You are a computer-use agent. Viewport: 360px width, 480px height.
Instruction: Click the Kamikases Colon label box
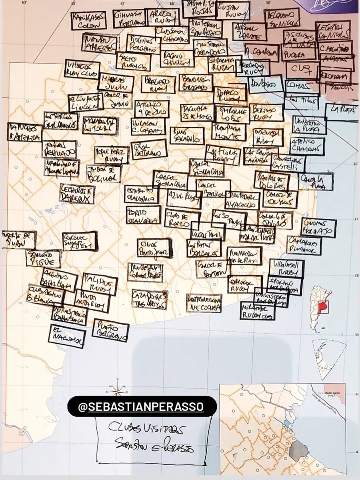(x=89, y=20)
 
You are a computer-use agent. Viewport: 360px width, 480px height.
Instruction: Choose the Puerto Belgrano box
(x=110, y=330)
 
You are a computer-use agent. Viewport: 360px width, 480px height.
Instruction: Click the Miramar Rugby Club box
(x=258, y=310)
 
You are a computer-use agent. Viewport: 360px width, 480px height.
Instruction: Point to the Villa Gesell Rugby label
(x=286, y=269)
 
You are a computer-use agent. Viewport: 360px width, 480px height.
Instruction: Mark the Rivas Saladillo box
(x=187, y=136)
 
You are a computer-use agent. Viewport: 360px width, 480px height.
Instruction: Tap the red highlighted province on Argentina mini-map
(x=322, y=306)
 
